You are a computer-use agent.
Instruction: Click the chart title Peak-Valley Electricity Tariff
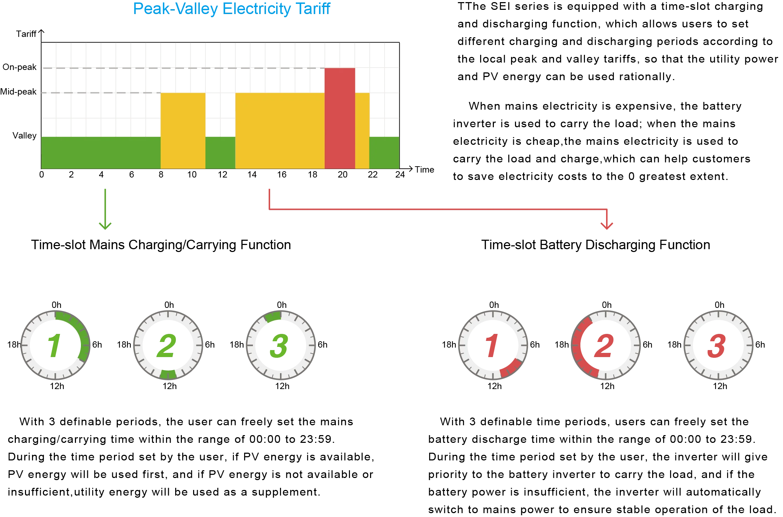[232, 9]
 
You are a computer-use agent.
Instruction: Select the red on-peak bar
[340, 118]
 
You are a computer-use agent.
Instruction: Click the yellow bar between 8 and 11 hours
[183, 131]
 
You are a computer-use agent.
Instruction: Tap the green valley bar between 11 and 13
[220, 153]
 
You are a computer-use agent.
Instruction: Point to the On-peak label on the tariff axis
[19, 67]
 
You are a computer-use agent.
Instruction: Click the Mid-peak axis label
[18, 92]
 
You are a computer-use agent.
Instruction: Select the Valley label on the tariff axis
[24, 136]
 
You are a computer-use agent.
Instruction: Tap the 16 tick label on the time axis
[282, 175]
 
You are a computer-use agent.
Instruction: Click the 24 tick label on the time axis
[400, 175]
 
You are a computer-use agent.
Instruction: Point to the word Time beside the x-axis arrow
[425, 170]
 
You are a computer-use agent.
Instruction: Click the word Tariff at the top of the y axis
[26, 34]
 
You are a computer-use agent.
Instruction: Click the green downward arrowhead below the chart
[105, 226]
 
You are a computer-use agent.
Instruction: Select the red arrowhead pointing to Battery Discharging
[607, 226]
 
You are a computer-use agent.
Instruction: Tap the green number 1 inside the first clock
[54, 345]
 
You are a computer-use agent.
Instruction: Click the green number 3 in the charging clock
[279, 346]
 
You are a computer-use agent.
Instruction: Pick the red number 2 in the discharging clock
[604, 346]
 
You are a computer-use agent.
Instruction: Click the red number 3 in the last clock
[717, 346]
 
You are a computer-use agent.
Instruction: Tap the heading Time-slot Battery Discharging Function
[596, 245]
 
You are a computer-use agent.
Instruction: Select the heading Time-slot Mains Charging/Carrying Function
[161, 245]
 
